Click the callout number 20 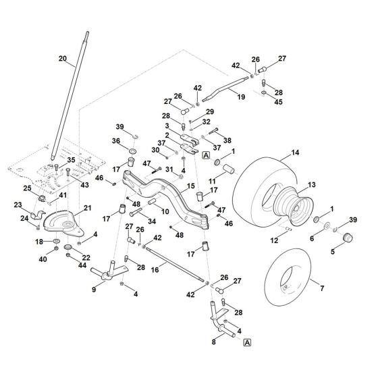(x=63, y=59)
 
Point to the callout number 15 (x=190, y=186)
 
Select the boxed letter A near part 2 (x=205, y=155)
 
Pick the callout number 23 (x=18, y=205)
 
